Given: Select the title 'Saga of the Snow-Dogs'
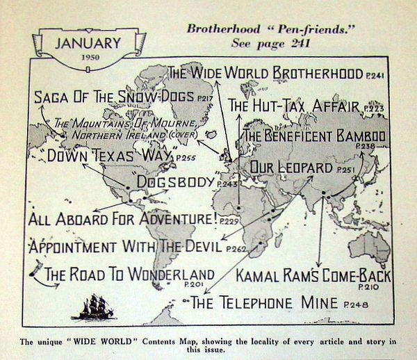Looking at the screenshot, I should click(115, 98).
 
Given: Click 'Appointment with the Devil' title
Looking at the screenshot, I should click(125, 247).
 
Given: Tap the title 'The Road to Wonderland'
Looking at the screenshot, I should click(130, 273).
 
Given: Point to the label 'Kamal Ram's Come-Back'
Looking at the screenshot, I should click(313, 276).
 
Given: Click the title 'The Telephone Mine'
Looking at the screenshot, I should click(263, 303).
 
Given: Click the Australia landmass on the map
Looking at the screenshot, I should click(370, 245).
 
